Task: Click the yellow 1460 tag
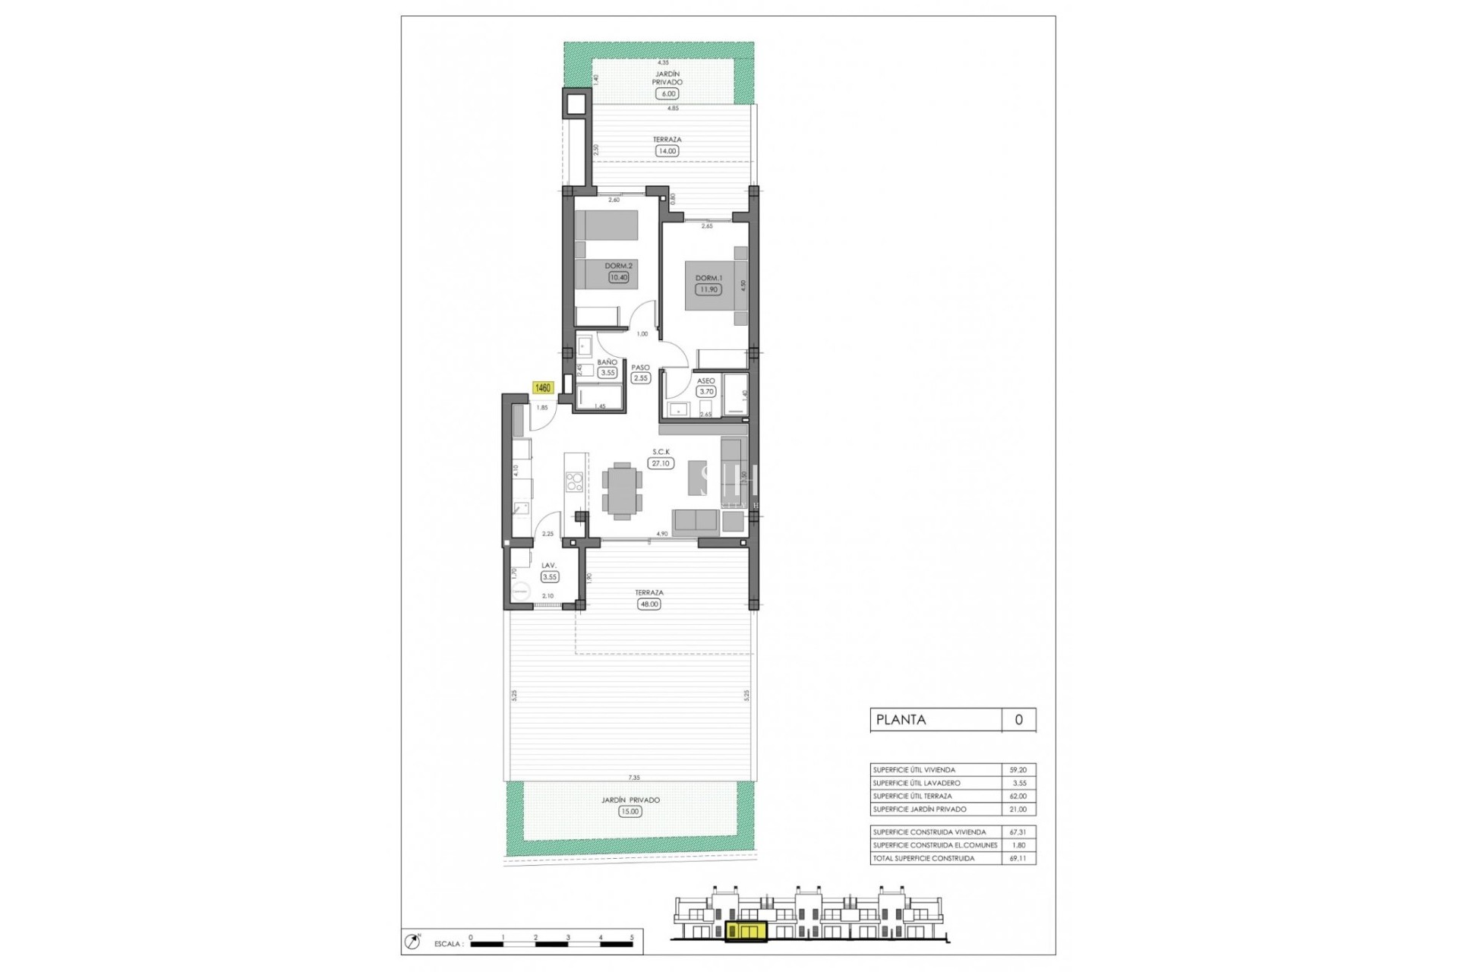coord(543,388)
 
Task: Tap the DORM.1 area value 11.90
coord(708,289)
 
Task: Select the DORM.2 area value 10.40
coord(618,277)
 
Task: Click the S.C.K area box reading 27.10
coord(661,463)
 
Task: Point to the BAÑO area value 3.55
coord(607,373)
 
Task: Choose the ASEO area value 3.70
coord(706,392)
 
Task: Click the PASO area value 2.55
coord(641,377)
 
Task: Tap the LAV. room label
coord(548,565)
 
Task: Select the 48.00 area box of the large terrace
coord(649,604)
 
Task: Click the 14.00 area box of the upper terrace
coord(667,151)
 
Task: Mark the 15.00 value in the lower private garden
coord(630,811)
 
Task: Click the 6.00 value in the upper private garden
coord(667,94)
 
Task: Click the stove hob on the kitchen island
coord(575,482)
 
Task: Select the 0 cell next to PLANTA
coord(1018,720)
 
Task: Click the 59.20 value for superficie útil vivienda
coord(1018,770)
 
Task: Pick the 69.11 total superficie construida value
coord(1018,858)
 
